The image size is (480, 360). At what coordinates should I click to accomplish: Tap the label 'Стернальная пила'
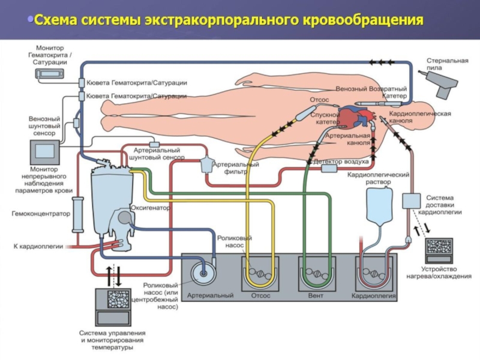[443, 64]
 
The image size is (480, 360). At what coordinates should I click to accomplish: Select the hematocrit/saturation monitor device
[46, 73]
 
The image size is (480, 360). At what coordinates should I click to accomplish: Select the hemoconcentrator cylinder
[77, 213]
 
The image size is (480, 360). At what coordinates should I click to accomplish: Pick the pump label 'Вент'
[316, 295]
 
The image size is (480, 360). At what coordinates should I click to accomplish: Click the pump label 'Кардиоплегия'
[373, 295]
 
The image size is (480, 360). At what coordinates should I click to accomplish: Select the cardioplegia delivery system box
[411, 200]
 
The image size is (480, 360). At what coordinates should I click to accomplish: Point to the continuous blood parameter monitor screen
[46, 153]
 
